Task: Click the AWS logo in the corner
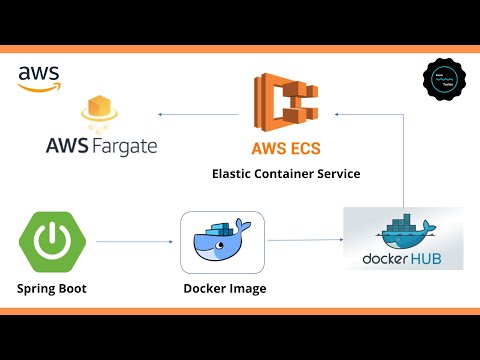tap(38, 78)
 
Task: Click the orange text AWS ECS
tap(286, 150)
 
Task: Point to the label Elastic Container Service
tap(286, 174)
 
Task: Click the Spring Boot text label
tap(51, 290)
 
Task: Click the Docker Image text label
tap(224, 290)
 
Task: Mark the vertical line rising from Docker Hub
tap(402, 160)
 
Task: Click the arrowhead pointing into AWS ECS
tap(338, 115)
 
